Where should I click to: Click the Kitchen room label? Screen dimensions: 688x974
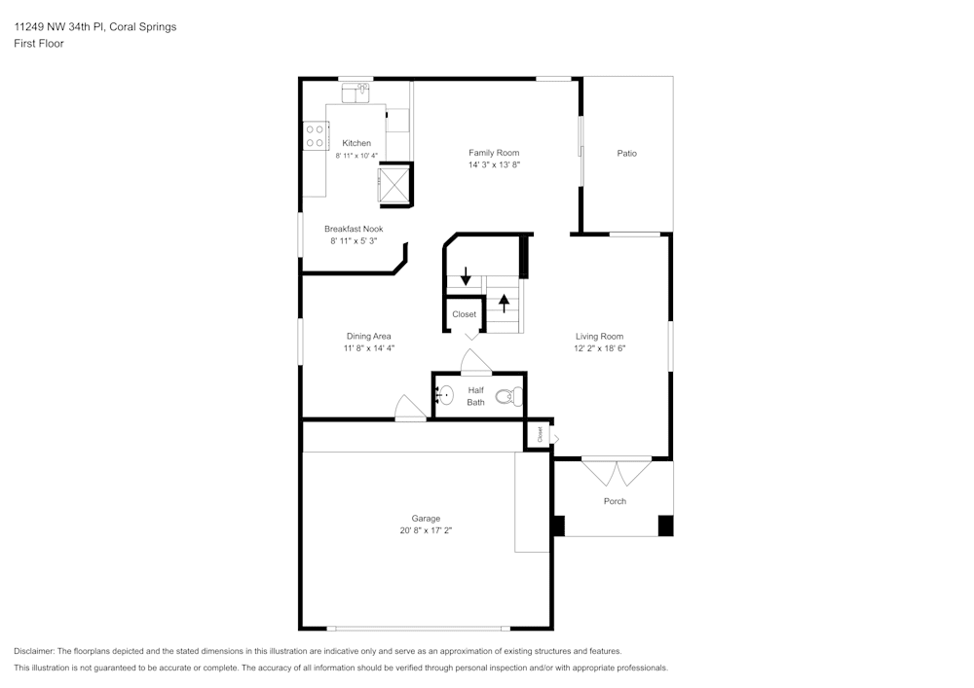[x=356, y=143]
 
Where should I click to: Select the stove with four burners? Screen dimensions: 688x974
[x=315, y=135]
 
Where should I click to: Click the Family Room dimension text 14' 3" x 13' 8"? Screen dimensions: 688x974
[x=494, y=165]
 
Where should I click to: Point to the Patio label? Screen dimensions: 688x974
[x=626, y=153]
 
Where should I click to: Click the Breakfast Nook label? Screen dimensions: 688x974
[x=354, y=229]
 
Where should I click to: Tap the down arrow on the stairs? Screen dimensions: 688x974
[x=466, y=276]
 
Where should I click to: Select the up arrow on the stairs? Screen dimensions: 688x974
[x=504, y=302]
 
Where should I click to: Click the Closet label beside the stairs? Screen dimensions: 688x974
[x=465, y=314]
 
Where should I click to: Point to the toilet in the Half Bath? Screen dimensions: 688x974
[x=509, y=396]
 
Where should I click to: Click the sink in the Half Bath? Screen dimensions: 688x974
[x=444, y=395]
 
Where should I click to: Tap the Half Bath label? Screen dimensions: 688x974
[x=475, y=396]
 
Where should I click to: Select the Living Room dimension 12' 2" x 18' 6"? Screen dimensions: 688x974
[x=599, y=347]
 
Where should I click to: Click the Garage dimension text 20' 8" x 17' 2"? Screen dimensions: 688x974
[x=426, y=531]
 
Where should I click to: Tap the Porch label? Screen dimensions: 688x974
[x=615, y=501]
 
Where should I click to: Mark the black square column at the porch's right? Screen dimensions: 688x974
[x=665, y=525]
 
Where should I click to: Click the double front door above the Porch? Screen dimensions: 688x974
[x=617, y=471]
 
